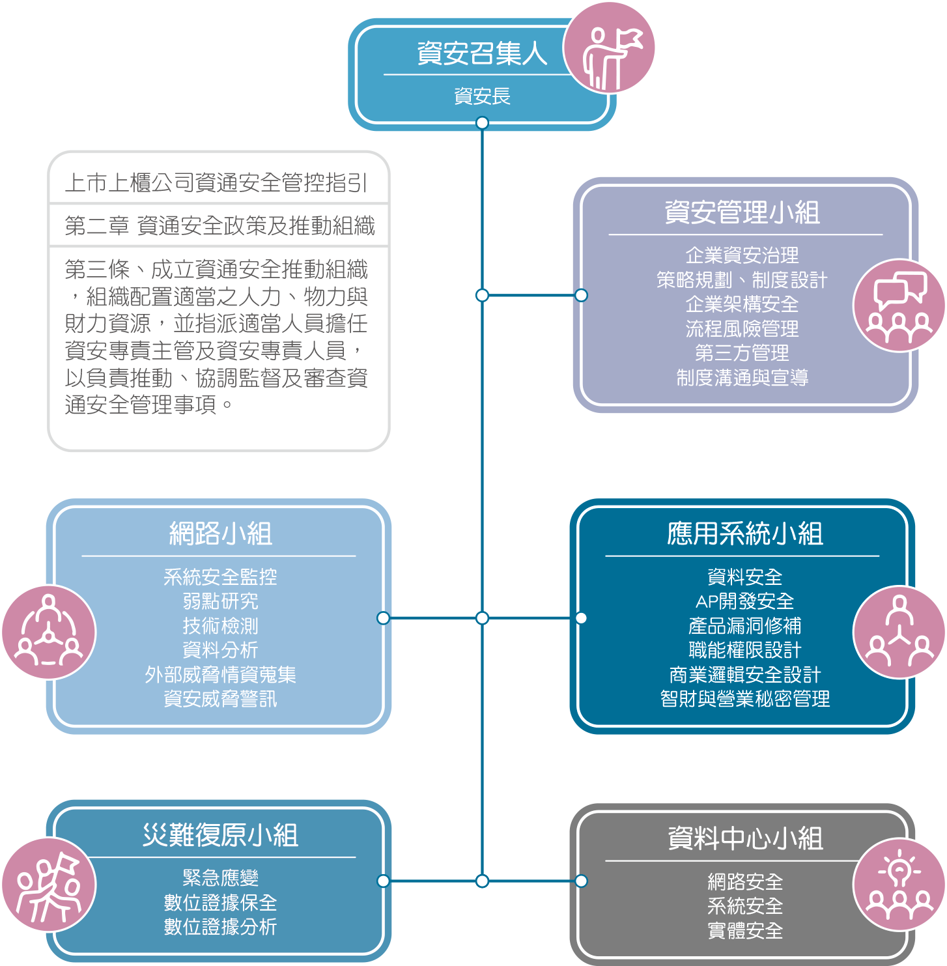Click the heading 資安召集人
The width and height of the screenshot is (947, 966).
(x=481, y=53)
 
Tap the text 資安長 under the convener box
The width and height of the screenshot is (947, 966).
(x=482, y=96)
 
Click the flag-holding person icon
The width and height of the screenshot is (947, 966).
(x=608, y=48)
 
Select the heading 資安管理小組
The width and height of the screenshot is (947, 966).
(x=742, y=212)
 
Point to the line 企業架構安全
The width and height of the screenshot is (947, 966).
(x=742, y=304)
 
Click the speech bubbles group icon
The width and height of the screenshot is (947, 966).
(x=899, y=305)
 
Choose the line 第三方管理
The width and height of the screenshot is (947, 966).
(x=742, y=353)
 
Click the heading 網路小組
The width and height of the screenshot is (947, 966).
(x=220, y=533)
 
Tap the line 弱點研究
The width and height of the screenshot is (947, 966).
(x=220, y=601)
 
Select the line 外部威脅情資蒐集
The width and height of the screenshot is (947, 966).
(x=220, y=675)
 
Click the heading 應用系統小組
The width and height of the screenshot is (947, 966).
(x=744, y=534)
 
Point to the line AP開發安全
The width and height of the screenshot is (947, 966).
(x=744, y=601)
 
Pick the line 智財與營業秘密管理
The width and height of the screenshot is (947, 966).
(x=744, y=699)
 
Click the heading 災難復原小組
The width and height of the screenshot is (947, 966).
(x=220, y=835)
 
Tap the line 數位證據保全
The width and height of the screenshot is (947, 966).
(x=220, y=903)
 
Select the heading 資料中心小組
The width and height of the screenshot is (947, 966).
(x=744, y=839)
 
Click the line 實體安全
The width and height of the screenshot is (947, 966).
(x=744, y=931)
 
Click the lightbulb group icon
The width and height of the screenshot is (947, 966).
(x=899, y=885)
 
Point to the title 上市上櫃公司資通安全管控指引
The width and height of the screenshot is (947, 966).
(x=216, y=183)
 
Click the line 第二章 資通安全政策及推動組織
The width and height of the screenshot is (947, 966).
(x=219, y=226)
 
